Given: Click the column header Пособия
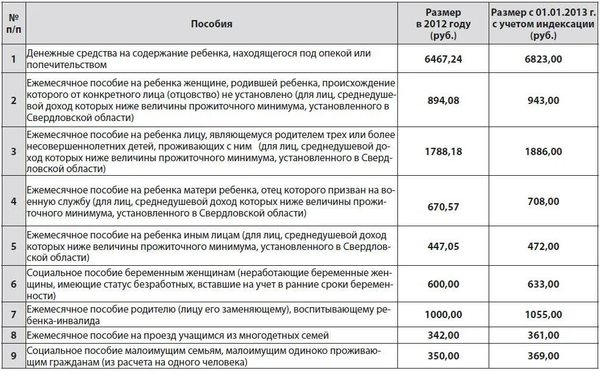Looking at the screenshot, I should tap(211, 24).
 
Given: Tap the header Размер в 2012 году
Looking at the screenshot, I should tap(443, 24).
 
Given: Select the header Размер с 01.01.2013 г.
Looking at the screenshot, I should tap(543, 24).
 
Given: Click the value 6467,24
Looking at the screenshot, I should tap(443, 59).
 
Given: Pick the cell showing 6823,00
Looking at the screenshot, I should tap(543, 59).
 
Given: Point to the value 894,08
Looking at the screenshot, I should tap(443, 100).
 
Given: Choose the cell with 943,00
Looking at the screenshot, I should tap(543, 100).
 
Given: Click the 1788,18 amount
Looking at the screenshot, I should tap(443, 151).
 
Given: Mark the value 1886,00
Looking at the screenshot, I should tap(543, 151).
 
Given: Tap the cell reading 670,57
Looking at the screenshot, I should tap(443, 207).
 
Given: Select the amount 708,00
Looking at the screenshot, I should tap(543, 201).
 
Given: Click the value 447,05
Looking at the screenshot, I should tap(443, 246).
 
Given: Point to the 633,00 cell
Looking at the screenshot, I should tap(543, 284).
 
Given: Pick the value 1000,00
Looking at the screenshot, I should tap(443, 314).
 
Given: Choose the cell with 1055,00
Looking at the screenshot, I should tap(543, 314).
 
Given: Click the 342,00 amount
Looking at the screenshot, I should tap(443, 335).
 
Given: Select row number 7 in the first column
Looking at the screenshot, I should tap(13, 314).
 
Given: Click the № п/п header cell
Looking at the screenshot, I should tap(13, 24).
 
